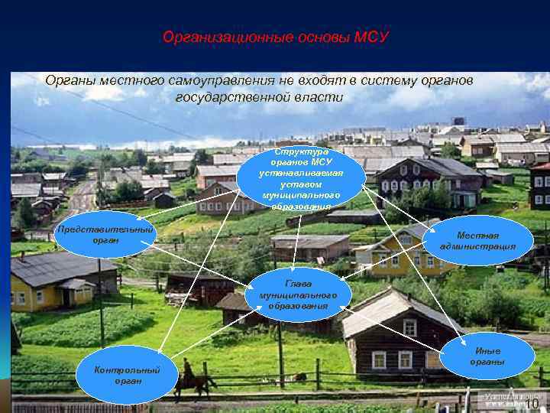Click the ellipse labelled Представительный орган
(x=105, y=235)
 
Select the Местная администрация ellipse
(x=486, y=241)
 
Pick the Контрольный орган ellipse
(x=127, y=375)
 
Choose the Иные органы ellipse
(x=488, y=356)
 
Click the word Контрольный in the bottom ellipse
(x=127, y=370)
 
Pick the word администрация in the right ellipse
(x=487, y=246)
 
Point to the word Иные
(x=488, y=351)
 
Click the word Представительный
(x=105, y=229)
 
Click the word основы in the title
(x=301, y=37)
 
